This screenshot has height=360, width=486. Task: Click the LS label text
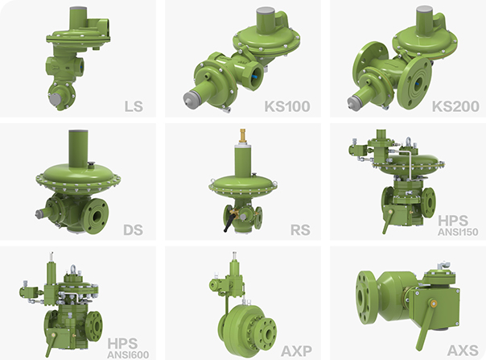[x=134, y=106]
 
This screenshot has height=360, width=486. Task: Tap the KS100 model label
[x=287, y=106]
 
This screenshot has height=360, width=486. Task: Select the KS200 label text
[x=455, y=106]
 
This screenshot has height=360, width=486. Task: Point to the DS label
[x=133, y=230]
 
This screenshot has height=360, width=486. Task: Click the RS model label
[x=300, y=230]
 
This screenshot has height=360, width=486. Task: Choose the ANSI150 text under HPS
[x=458, y=232]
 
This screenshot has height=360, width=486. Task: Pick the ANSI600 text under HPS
[x=128, y=354]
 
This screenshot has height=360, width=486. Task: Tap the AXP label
[x=296, y=351]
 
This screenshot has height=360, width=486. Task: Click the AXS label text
[x=463, y=350]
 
